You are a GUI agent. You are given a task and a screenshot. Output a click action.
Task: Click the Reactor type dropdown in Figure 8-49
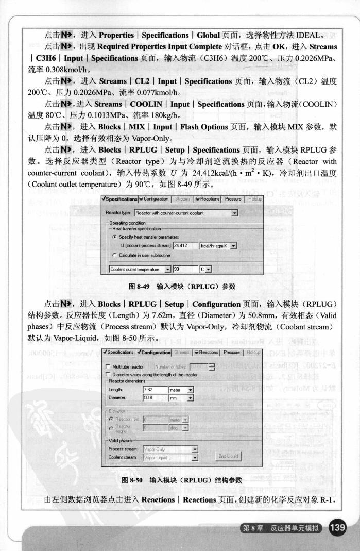click(x=185, y=213)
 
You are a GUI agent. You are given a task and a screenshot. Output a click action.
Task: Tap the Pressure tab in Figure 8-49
click(x=233, y=199)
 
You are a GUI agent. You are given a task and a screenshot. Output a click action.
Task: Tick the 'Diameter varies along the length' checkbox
click(x=108, y=374)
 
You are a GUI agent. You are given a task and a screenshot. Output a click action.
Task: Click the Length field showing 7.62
click(x=153, y=390)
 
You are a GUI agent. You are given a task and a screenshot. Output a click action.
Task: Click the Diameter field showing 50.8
click(x=153, y=398)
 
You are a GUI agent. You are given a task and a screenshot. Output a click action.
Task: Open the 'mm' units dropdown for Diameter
click(x=180, y=398)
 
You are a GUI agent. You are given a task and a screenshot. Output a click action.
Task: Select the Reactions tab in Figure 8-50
click(x=208, y=353)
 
